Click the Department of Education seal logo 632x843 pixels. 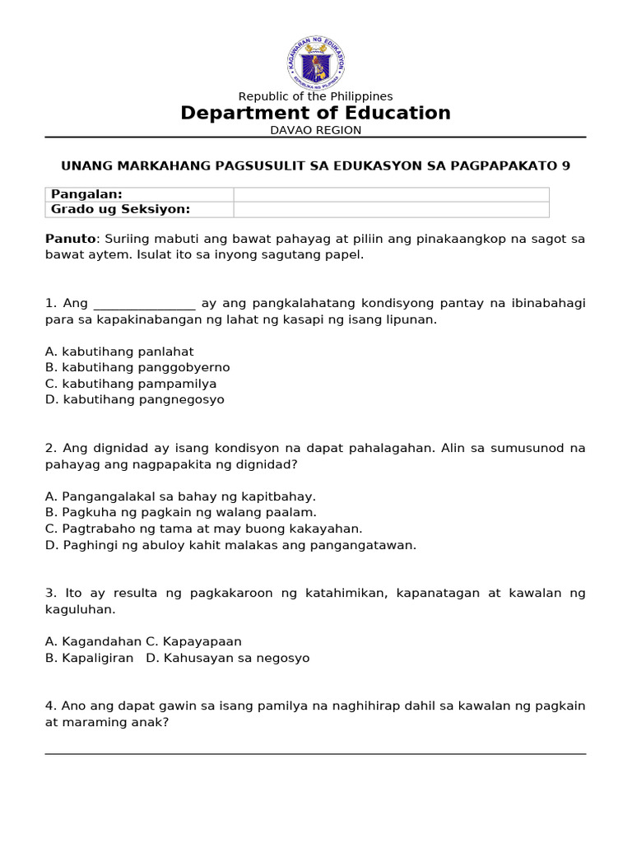[x=316, y=62]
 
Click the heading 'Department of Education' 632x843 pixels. [x=316, y=113]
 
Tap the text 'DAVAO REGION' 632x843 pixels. [x=316, y=130]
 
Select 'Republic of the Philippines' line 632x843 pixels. [x=316, y=96]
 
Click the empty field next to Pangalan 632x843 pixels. [x=391, y=194]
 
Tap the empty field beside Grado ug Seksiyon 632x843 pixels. [x=391, y=209]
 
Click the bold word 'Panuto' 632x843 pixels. [x=66, y=239]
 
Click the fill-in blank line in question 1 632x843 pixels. [x=145, y=304]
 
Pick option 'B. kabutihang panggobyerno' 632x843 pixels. [x=137, y=367]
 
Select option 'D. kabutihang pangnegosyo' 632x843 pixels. [x=135, y=399]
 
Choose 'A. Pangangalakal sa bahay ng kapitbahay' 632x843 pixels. [x=180, y=496]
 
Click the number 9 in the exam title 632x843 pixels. [x=565, y=165]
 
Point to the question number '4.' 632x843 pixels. [x=50, y=706]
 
